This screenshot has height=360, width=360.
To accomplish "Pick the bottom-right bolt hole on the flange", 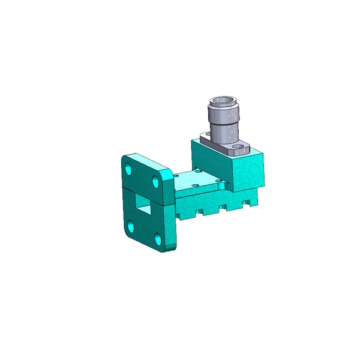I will (158, 239).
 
